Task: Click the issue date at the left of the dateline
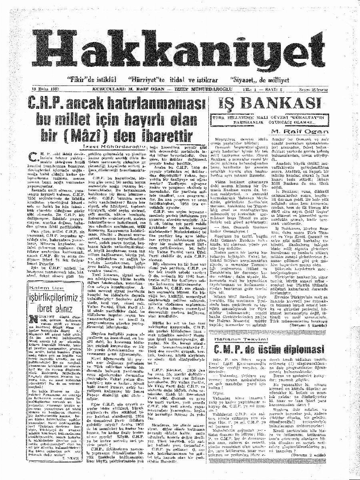(46, 89)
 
